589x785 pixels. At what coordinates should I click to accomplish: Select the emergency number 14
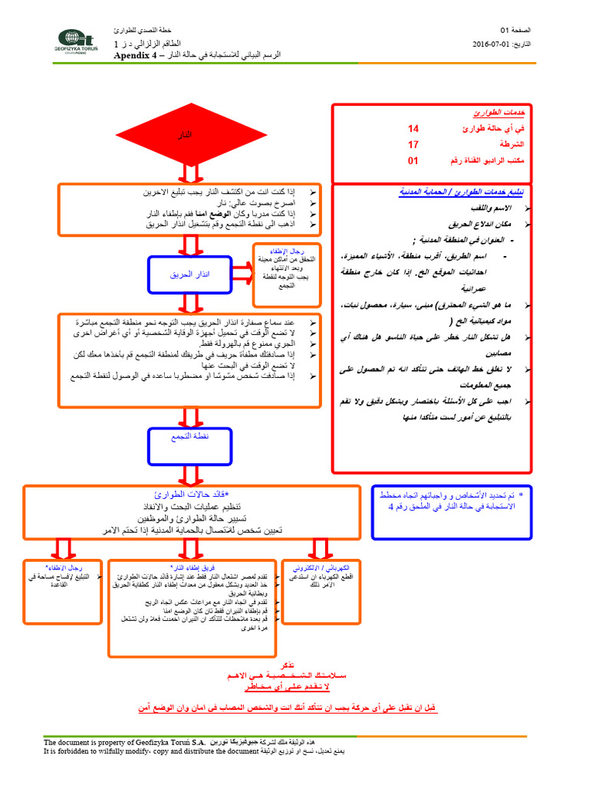click(x=413, y=129)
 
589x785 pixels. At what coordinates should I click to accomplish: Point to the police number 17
click(x=413, y=144)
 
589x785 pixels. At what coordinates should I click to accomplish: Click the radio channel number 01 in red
click(x=413, y=161)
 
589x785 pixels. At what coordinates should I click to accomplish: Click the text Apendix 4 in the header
click(x=134, y=56)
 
